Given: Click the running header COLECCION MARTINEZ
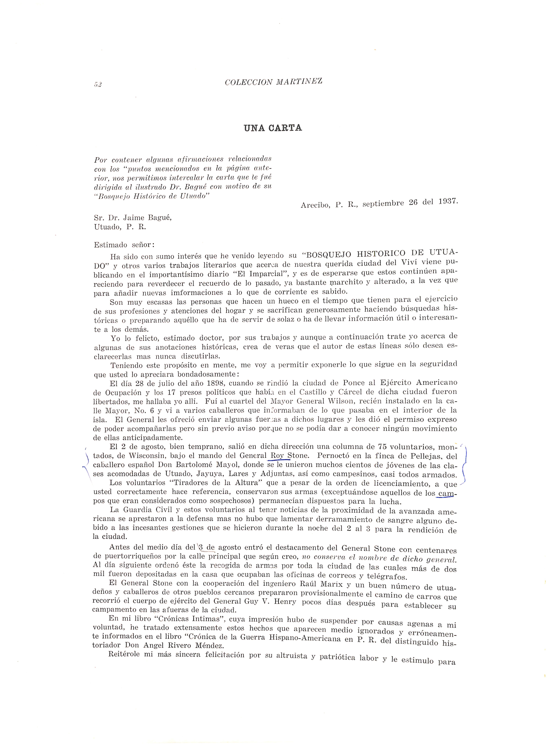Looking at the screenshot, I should pyautogui.click(x=273, y=82).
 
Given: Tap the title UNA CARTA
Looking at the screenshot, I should pyautogui.click(x=273, y=128).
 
